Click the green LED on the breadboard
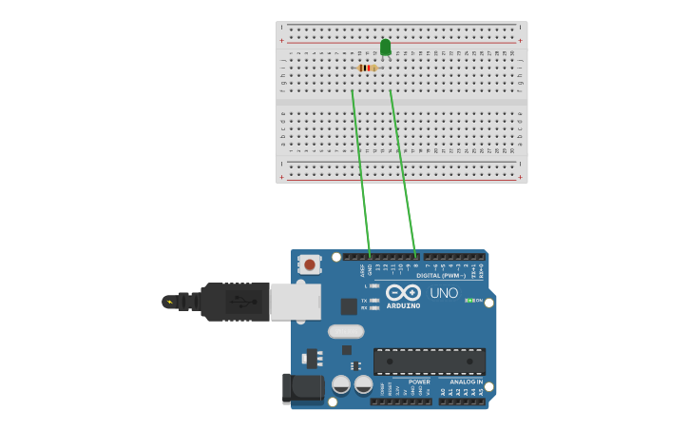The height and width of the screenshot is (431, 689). coord(385,47)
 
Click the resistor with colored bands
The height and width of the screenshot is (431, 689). coord(367,68)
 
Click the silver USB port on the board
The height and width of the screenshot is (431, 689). coord(295,302)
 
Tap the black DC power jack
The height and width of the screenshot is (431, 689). coord(302,387)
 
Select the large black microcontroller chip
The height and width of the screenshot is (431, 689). coord(429,362)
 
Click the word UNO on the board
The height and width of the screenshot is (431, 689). coord(444,293)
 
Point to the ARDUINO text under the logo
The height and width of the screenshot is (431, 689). coord(403,305)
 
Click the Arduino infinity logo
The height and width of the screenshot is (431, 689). coord(403,292)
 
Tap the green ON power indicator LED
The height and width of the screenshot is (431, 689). coord(469,301)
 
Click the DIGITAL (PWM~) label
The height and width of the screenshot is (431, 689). coord(441,276)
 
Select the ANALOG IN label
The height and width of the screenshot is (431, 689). coord(466,382)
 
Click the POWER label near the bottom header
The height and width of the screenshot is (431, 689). coord(419,382)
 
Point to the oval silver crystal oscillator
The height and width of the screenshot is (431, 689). coord(346,331)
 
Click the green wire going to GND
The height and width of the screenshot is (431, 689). coord(361,176)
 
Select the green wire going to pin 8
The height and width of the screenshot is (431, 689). coord(403,176)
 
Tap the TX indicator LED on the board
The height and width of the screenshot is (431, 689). coord(374,300)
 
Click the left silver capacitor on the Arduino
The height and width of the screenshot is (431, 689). coord(341,384)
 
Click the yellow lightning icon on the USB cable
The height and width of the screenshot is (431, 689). coord(169,302)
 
